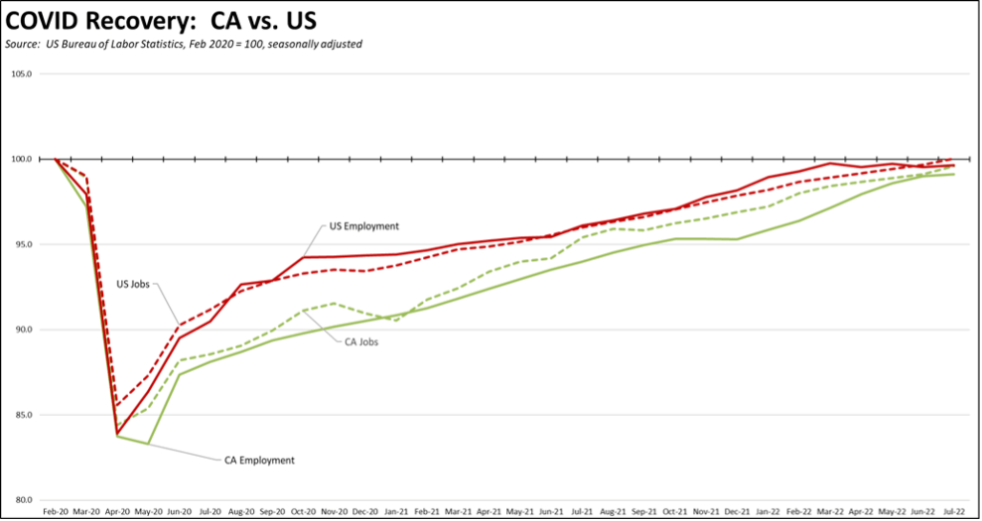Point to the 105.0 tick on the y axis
(22, 73)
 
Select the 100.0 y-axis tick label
(22, 159)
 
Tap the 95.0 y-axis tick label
(23, 244)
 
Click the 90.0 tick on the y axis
(23, 329)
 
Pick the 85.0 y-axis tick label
(23, 415)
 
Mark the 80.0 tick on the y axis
(23, 500)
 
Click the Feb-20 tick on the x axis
(55, 512)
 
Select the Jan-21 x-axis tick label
(396, 512)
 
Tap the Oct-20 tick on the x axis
(303, 512)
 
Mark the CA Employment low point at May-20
(148, 444)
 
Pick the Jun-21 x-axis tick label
(550, 512)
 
